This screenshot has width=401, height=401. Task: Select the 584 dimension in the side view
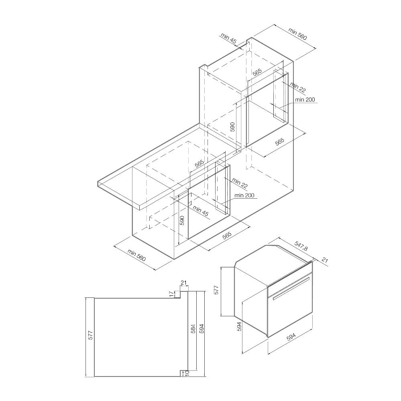(x=193, y=328)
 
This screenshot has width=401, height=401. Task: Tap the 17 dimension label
(x=172, y=294)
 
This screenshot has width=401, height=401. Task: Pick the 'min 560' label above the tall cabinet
(x=297, y=34)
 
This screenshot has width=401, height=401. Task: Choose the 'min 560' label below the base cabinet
(x=137, y=255)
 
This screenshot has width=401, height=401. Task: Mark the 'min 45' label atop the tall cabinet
(x=229, y=39)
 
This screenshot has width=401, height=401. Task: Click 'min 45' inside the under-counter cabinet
(x=201, y=211)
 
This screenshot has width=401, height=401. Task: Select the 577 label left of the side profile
(x=90, y=335)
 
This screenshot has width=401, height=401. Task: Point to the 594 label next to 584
(x=202, y=328)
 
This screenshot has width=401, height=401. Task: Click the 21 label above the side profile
(x=184, y=283)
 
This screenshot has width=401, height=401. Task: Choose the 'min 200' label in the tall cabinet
(x=305, y=100)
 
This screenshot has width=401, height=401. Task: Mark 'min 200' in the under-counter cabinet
(x=244, y=195)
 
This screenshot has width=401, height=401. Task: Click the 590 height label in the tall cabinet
(x=232, y=127)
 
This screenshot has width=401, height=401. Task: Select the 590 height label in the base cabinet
(x=182, y=220)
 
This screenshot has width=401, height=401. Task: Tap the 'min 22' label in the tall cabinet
(x=298, y=87)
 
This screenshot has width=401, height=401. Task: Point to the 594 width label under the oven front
(x=291, y=337)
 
